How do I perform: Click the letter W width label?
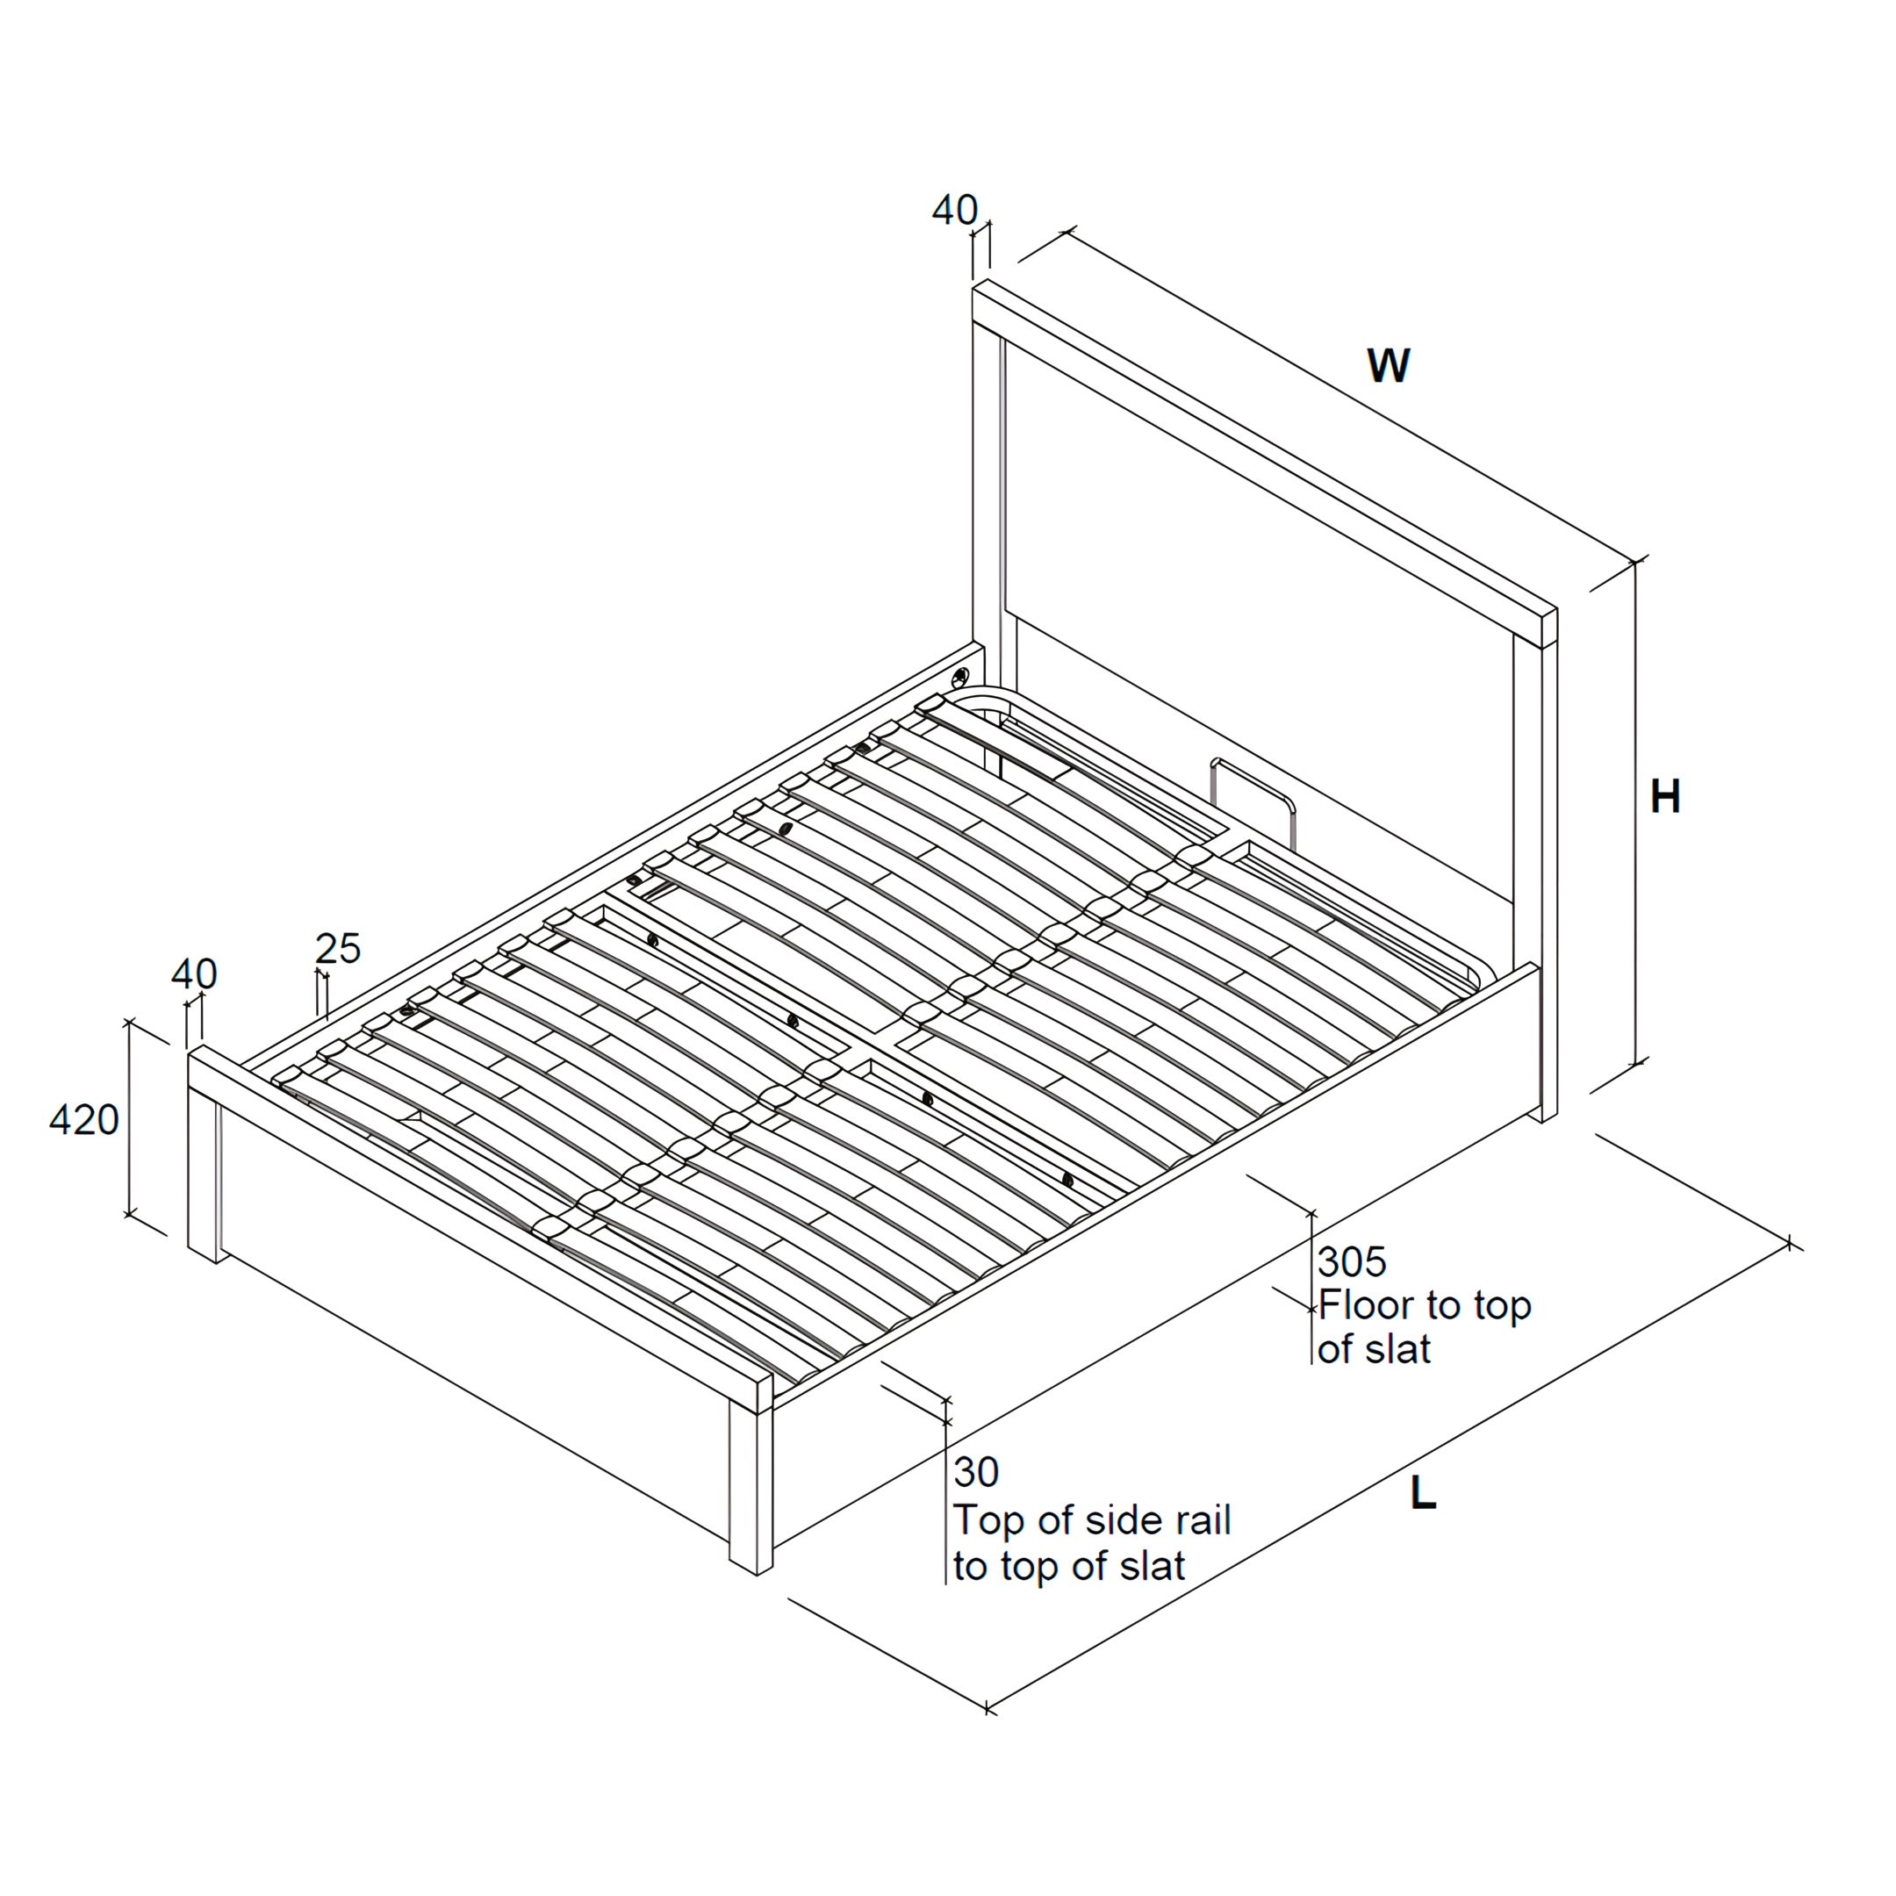coord(1389,365)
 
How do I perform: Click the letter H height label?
coord(1665,797)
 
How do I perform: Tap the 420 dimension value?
coord(84,1120)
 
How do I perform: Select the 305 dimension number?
coord(1353,1262)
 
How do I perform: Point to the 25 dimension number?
coord(339,948)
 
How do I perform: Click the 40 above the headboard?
coord(955,210)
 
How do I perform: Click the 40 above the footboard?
coord(194,973)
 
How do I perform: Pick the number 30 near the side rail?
coord(976,1473)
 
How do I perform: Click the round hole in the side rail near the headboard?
coord(959,677)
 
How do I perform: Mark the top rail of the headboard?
coord(1265,461)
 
